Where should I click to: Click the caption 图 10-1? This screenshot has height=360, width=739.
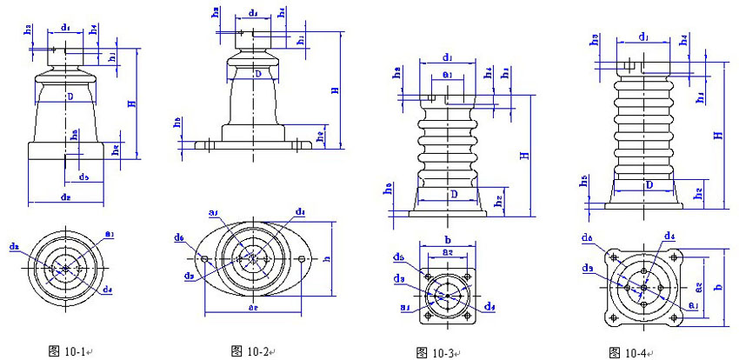(x=69, y=350)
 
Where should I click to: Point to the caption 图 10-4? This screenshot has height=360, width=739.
(x=627, y=352)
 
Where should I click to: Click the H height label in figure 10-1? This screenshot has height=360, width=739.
(x=131, y=103)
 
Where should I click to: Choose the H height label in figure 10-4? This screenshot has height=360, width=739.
(x=717, y=135)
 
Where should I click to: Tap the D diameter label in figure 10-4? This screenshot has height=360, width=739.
(x=648, y=185)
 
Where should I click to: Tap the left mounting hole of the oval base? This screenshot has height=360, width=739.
(x=204, y=259)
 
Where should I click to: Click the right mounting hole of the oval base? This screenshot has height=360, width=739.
(x=302, y=259)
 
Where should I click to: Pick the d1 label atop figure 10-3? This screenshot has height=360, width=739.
(x=446, y=58)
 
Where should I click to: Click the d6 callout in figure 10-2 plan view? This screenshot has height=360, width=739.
(x=178, y=237)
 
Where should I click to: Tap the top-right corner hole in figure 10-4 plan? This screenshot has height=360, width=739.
(x=673, y=258)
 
